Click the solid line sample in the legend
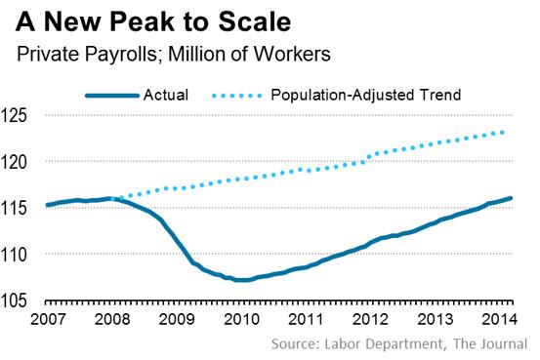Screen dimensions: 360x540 [x=110, y=95]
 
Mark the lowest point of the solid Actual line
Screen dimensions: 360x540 [x=241, y=280]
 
